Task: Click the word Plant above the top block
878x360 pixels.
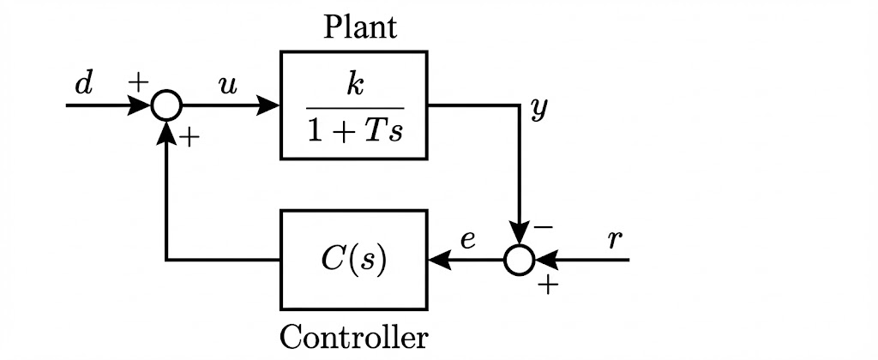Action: tap(360, 28)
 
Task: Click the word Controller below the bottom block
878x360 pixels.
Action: tap(353, 338)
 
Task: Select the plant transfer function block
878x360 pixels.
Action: tap(353, 105)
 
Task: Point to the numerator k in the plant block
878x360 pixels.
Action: tap(352, 86)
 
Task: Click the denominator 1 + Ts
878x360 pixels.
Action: tap(353, 132)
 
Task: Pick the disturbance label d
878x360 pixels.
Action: tap(82, 84)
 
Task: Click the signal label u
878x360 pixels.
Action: tap(228, 85)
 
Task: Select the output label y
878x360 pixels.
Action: tap(538, 110)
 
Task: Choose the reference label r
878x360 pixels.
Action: tap(614, 239)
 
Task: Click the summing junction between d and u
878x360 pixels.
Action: tap(166, 105)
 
